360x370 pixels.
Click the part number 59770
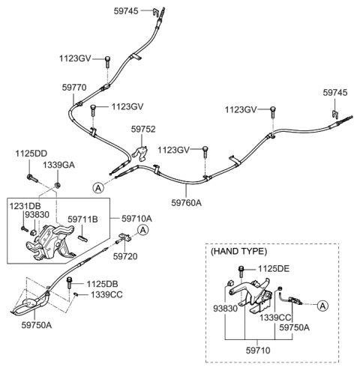click(74, 87)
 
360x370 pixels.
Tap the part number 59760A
click(187, 201)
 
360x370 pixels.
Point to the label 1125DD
click(30, 154)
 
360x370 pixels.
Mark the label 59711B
click(83, 219)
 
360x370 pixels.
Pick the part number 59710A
click(136, 219)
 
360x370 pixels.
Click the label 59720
click(126, 255)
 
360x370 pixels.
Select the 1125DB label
click(103, 283)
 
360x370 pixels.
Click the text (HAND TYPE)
click(237, 252)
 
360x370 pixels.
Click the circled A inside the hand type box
click(322, 305)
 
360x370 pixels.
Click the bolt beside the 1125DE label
click(241, 270)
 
